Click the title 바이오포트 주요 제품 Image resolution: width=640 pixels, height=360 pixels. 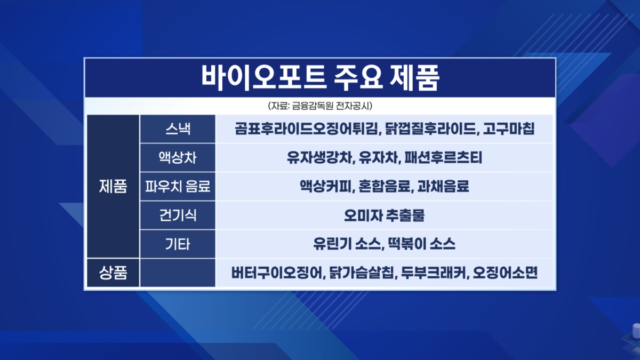(320, 78)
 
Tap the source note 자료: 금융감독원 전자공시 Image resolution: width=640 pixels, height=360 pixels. (320, 106)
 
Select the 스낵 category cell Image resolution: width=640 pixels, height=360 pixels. (178, 129)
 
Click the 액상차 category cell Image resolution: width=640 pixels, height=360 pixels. (178, 158)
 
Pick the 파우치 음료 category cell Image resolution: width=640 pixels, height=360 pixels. (178, 186)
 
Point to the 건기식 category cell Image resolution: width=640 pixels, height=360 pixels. (178, 215)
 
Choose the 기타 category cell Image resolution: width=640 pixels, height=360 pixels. (178, 244)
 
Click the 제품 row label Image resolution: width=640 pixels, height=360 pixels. (113, 186)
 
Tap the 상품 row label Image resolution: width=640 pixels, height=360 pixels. (113, 273)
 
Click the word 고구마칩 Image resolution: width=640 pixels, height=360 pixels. (509, 129)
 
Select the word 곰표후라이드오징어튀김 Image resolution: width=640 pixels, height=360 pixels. (307, 129)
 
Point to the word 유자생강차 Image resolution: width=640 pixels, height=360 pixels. (319, 158)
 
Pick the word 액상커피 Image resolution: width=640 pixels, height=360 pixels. (325, 186)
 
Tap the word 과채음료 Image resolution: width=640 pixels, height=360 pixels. (443, 186)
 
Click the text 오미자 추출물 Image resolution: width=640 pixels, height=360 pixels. (385, 215)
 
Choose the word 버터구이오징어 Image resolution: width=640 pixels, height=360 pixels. (277, 273)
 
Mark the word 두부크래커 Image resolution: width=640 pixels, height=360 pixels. (434, 273)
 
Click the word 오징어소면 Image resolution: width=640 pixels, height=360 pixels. (505, 273)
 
